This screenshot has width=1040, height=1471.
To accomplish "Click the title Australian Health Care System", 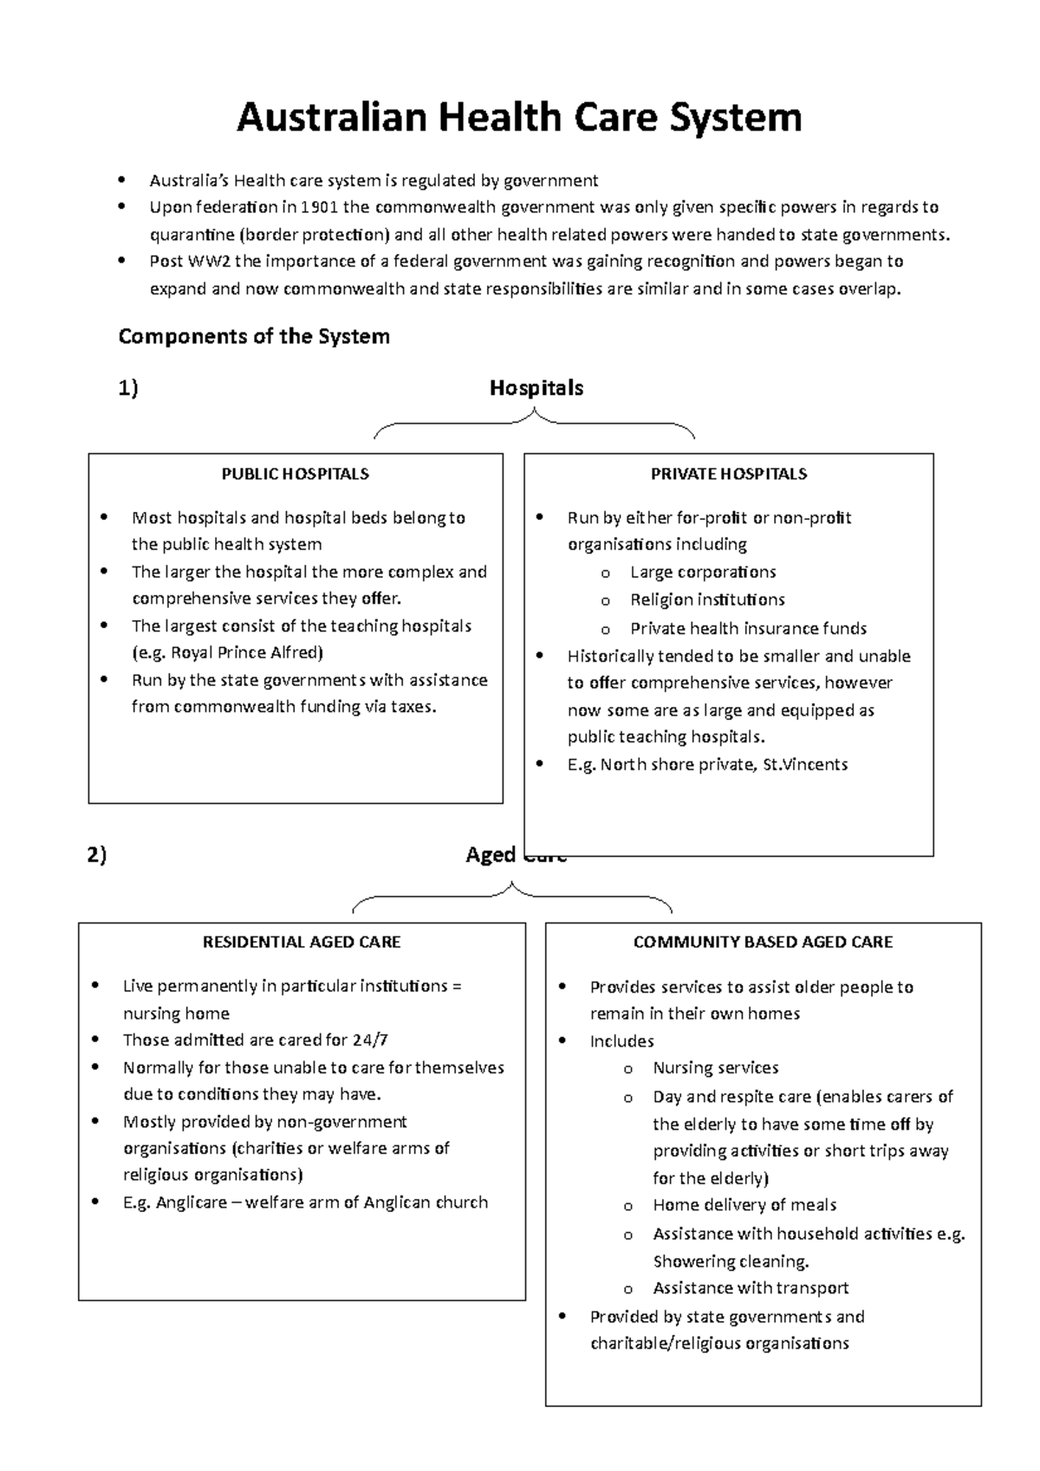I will point(519,118).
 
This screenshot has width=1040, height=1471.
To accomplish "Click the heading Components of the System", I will point(254,336).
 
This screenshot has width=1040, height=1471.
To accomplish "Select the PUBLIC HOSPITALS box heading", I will point(295,474).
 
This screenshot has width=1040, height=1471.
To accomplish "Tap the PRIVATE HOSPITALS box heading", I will point(729,474).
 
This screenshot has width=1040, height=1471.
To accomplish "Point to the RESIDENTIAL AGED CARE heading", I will point(302,942).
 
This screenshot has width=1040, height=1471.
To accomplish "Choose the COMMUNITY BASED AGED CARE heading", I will point(763,942).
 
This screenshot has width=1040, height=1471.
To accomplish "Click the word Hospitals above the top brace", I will point(536,388).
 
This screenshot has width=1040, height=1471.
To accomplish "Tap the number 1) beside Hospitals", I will point(128,389).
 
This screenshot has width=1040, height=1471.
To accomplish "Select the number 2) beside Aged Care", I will point(96,856).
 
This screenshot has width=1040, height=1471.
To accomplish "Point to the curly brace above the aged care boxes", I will point(512,896).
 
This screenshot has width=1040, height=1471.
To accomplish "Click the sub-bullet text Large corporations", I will point(703,572).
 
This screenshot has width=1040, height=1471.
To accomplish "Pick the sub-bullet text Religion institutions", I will point(707,599).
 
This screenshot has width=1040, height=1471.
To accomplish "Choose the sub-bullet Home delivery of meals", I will point(744,1205).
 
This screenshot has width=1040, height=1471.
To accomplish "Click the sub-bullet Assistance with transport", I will point(751,1288).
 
